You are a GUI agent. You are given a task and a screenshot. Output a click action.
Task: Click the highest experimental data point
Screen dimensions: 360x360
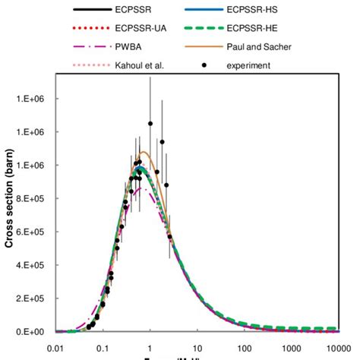[150, 123]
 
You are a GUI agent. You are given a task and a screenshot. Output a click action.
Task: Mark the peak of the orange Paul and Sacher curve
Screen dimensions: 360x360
[146, 153]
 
